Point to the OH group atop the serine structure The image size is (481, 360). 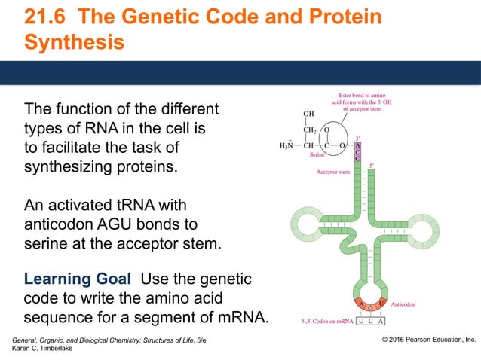(308, 114)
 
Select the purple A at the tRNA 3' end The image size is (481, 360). (357, 144)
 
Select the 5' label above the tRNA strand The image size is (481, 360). (372, 166)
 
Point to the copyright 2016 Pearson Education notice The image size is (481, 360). (427, 340)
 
